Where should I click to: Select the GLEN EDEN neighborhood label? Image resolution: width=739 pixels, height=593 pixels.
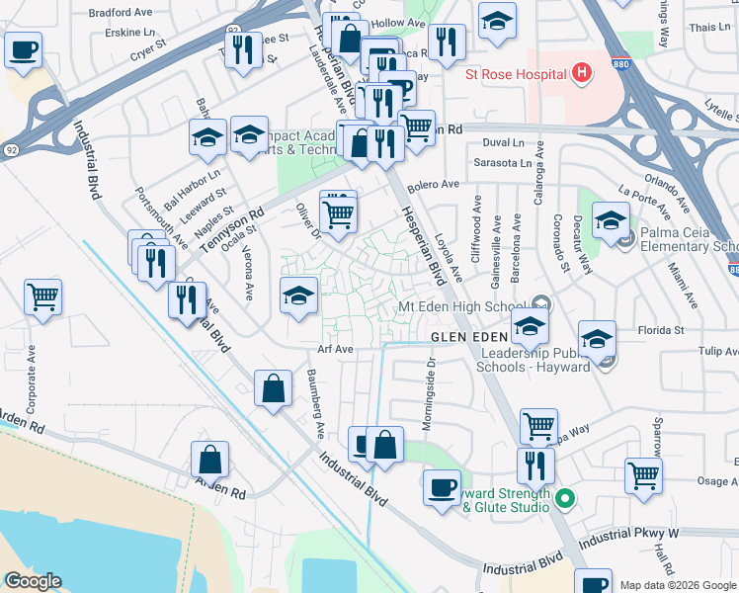pos(470,337)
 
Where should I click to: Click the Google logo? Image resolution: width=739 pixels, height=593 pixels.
pos(32,581)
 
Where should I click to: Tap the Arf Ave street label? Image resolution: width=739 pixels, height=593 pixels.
pos(336,349)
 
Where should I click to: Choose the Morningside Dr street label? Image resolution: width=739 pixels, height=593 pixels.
pos(431,381)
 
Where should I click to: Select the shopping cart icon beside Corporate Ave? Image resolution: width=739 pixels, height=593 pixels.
pos(43,296)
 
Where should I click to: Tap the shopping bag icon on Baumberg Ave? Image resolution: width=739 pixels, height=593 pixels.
pos(273,389)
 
